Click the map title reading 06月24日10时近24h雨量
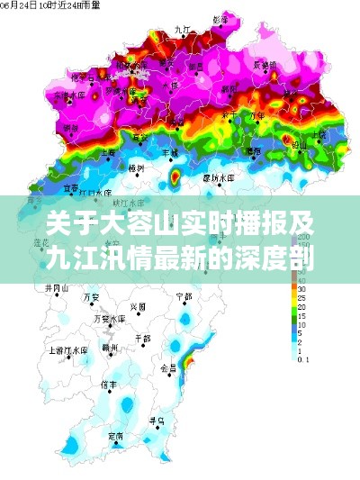pos(40,6)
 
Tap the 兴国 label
pos(137,306)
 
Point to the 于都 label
pos(142,339)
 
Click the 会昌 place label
pos(168,367)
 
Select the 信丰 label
pos(110,384)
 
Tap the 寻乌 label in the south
pos(157,420)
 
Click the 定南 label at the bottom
pos(115,436)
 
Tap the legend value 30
pos(303,290)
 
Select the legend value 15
pos(303,315)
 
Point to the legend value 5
pos(301,333)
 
